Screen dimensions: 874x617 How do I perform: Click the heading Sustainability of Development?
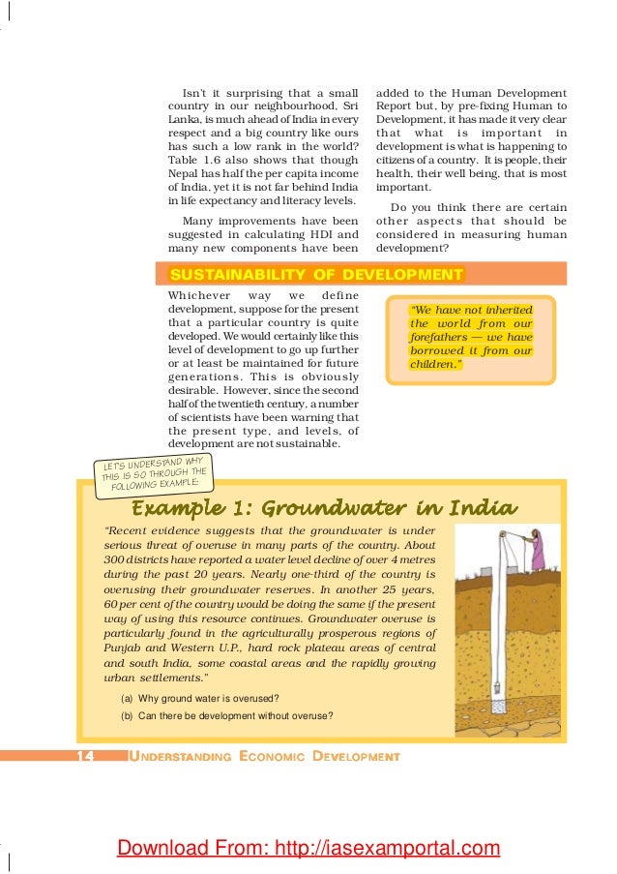pos(315,275)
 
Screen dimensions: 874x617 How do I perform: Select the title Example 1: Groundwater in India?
pos(323,508)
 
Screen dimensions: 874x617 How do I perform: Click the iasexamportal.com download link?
pos(308,849)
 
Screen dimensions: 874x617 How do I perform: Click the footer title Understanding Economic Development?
pos(264,755)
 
